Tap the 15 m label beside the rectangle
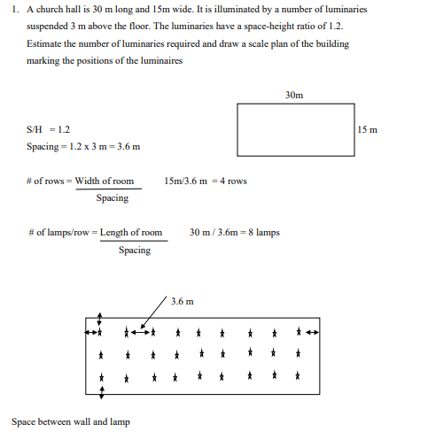coord(368,130)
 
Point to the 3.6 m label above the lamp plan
coord(182,302)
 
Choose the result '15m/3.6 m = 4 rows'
coord(206,181)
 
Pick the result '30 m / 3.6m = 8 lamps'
coord(234,233)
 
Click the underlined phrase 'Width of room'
coord(105,181)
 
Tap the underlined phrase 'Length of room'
coord(131,233)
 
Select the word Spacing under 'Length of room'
coord(135,251)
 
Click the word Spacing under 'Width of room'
coord(112,198)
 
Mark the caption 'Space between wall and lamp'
coord(70,421)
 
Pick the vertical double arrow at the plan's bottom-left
coord(101,387)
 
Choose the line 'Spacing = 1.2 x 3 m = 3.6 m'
coord(83,146)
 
